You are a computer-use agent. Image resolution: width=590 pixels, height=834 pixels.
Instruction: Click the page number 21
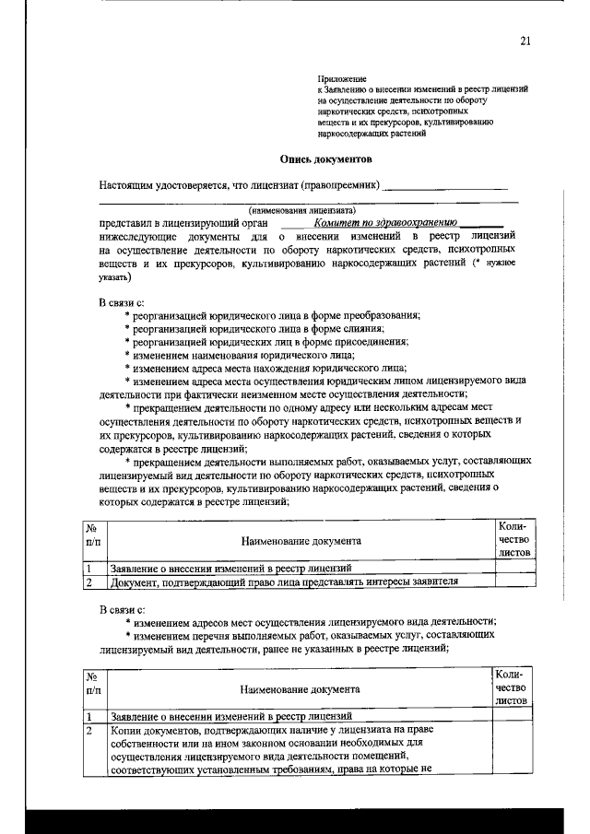[525, 41]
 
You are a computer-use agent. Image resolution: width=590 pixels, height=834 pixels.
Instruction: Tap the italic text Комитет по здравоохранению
[385, 222]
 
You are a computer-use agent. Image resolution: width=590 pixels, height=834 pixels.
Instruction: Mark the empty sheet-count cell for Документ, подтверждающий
[512, 581]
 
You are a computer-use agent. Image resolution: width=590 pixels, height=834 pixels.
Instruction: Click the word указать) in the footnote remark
[115, 275]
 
